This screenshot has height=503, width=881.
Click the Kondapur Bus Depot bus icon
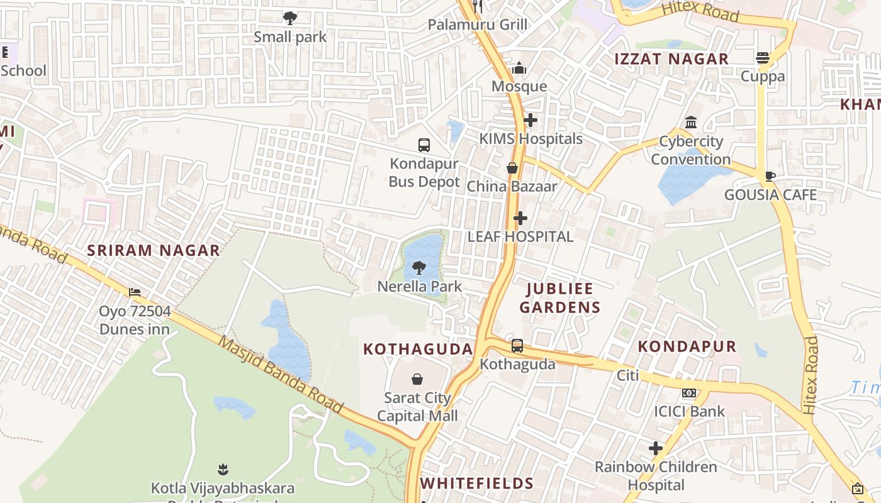click(x=424, y=145)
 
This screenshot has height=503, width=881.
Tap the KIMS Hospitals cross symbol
click(x=530, y=120)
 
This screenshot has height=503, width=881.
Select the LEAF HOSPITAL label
click(x=520, y=236)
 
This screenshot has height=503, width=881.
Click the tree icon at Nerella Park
click(x=419, y=268)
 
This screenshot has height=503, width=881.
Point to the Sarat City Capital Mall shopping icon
click(x=417, y=379)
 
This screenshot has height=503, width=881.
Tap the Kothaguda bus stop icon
click(x=517, y=346)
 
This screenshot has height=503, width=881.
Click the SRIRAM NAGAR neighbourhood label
click(x=154, y=250)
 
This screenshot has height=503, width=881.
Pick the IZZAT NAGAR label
click(x=671, y=59)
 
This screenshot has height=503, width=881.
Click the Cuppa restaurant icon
click(x=763, y=58)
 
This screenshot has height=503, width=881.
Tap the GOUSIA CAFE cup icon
click(x=770, y=176)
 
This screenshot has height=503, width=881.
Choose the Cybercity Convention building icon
click(x=691, y=122)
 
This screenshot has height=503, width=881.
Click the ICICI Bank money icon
click(x=689, y=394)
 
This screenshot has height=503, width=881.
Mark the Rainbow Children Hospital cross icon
click(x=656, y=448)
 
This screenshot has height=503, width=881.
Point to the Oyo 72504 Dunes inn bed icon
click(x=135, y=292)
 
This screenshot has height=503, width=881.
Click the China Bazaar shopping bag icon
click(x=512, y=168)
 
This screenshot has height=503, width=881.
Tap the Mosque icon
click(x=519, y=68)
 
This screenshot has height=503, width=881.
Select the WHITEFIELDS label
click(x=477, y=484)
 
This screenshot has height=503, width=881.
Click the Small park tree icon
click(x=290, y=18)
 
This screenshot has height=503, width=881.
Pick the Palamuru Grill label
click(x=478, y=25)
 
